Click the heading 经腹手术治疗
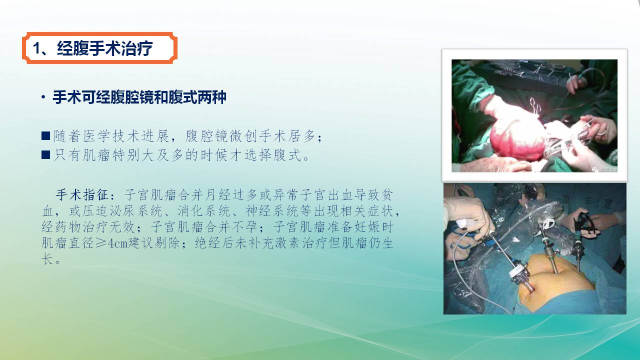(x=105, y=48)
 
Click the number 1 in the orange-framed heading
(x=36, y=48)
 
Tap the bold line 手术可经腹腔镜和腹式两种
(x=139, y=97)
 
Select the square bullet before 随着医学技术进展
(x=45, y=135)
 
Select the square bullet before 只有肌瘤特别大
(x=45, y=155)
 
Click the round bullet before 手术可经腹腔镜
(x=43, y=97)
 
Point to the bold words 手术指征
(x=82, y=195)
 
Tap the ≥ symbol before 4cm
(x=101, y=243)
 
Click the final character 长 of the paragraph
(x=47, y=259)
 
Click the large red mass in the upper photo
(x=517, y=140)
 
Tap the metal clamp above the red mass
(x=535, y=107)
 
